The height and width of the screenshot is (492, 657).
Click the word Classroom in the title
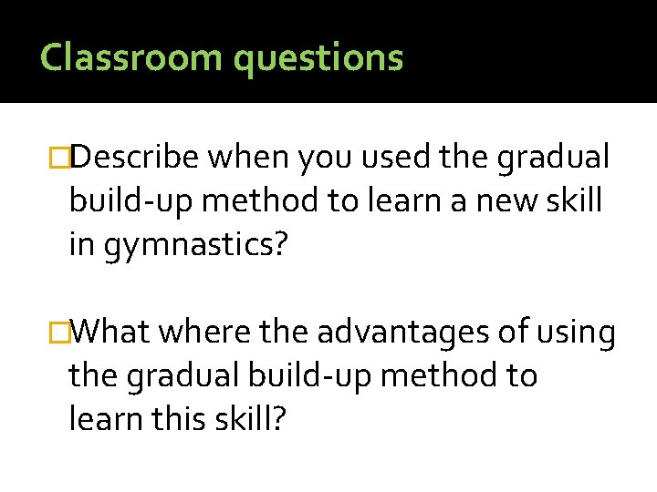(131, 56)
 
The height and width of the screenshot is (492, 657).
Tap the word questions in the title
(318, 58)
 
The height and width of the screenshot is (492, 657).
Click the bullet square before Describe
(63, 159)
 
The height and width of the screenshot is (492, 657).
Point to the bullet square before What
(63, 333)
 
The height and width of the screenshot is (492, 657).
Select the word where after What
(202, 333)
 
